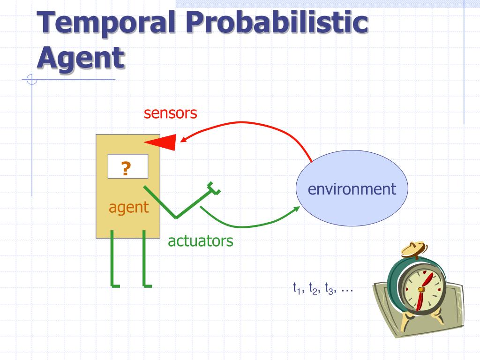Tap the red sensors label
click(170, 113)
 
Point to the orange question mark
click(126, 167)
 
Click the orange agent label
click(129, 207)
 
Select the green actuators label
click(201, 241)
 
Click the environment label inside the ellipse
click(352, 189)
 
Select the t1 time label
click(296, 288)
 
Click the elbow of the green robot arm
click(176, 217)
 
